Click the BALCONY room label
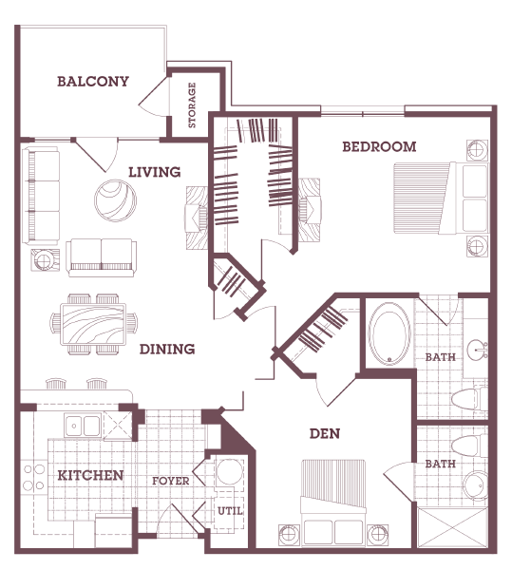92,82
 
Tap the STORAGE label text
192,105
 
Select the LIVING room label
155,172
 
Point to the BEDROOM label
379,146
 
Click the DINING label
167,349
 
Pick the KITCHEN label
90,475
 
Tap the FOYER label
171,481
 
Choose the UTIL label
230,511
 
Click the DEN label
325,434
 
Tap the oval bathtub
387,334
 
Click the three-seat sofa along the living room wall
42,194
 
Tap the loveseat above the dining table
101,254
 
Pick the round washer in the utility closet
228,472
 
